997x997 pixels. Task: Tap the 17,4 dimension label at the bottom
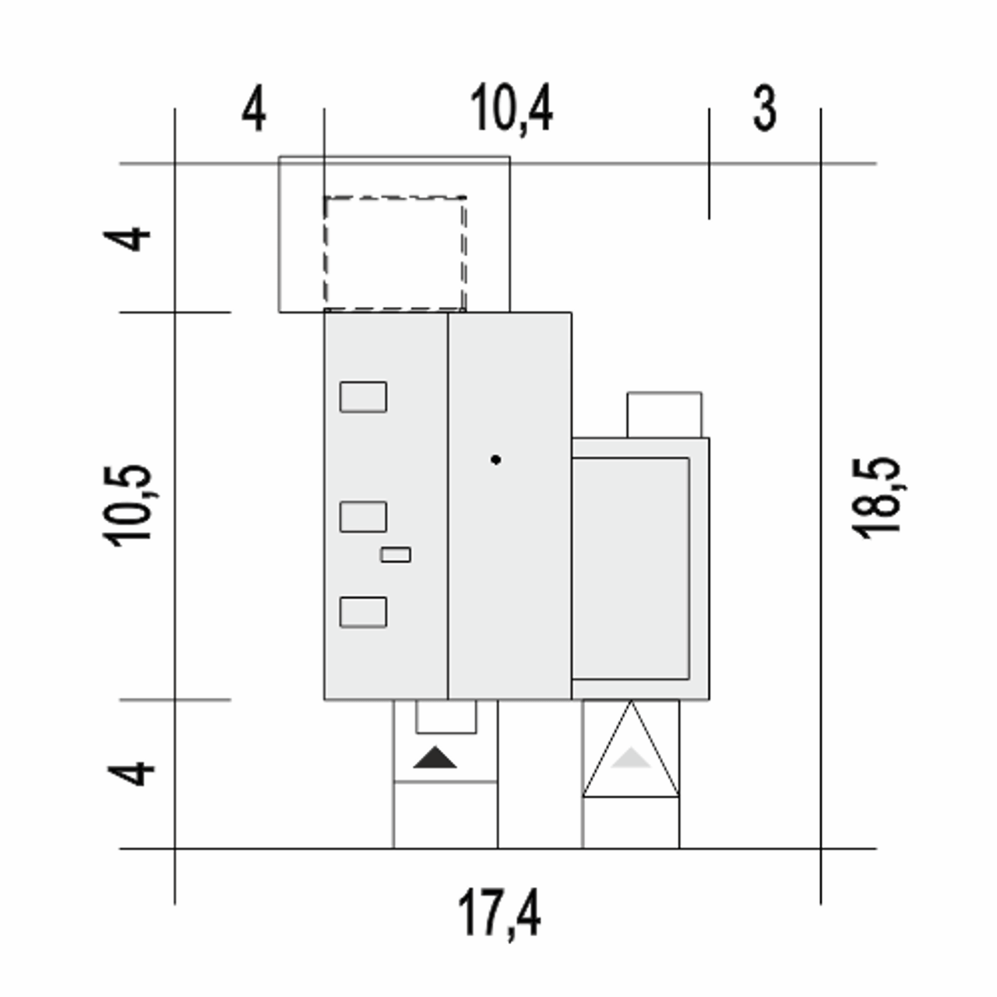[499, 914]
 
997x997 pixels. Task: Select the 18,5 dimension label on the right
[876, 498]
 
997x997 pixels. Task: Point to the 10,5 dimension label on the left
[128, 506]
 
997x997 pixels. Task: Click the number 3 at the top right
[764, 109]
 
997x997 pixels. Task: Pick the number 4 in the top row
[254, 109]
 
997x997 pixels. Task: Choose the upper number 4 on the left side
[127, 239]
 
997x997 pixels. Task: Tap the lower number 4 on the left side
[131, 773]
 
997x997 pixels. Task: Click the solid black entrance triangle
[435, 757]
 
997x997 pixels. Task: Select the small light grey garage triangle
[631, 757]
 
